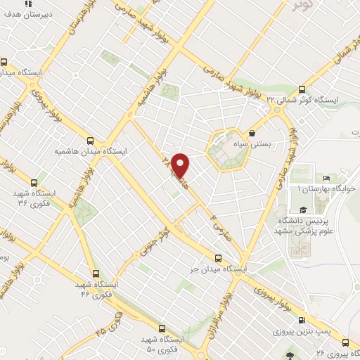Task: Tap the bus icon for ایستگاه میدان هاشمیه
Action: pyautogui.click(x=90, y=139)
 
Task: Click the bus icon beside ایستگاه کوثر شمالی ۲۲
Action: pyautogui.click(x=302, y=89)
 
